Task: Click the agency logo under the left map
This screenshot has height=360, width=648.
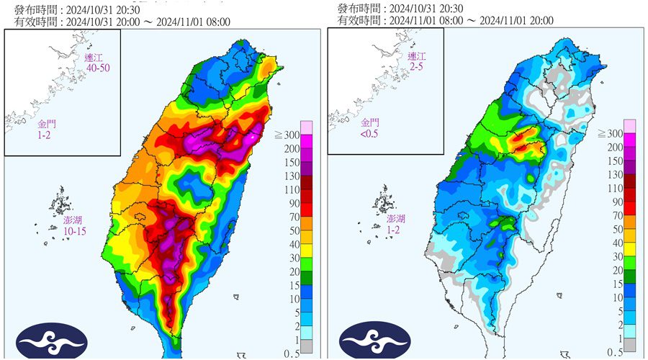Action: click(x=52, y=340)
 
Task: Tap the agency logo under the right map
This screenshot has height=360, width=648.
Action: click(x=375, y=340)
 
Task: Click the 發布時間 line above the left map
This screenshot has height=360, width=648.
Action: click(x=76, y=9)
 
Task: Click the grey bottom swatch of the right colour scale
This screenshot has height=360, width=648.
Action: click(x=629, y=346)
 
